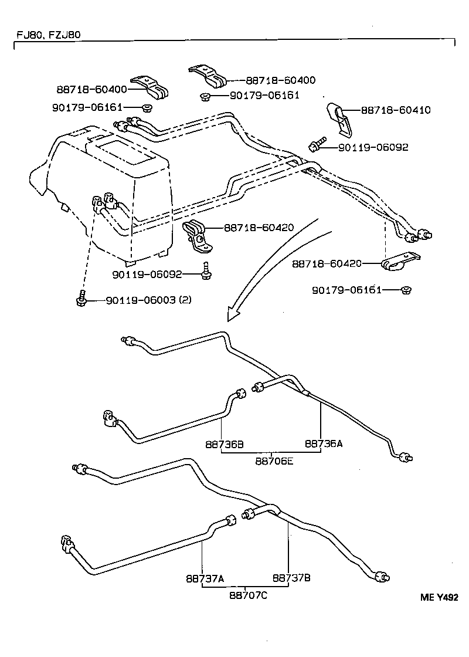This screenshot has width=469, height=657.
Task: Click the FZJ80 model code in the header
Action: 64,35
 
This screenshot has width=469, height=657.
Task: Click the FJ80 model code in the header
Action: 29,35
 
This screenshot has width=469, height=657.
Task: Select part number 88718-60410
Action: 395,110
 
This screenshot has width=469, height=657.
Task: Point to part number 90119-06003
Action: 141,300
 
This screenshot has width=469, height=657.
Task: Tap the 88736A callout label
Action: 323,444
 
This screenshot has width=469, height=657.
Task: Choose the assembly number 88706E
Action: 274,461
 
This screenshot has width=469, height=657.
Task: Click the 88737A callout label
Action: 205,578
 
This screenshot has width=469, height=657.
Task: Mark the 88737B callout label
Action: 291,578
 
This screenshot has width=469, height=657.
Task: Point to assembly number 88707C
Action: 248,595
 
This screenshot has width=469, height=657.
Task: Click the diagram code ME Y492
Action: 439,597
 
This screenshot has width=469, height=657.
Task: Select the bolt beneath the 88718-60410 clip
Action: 317,143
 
